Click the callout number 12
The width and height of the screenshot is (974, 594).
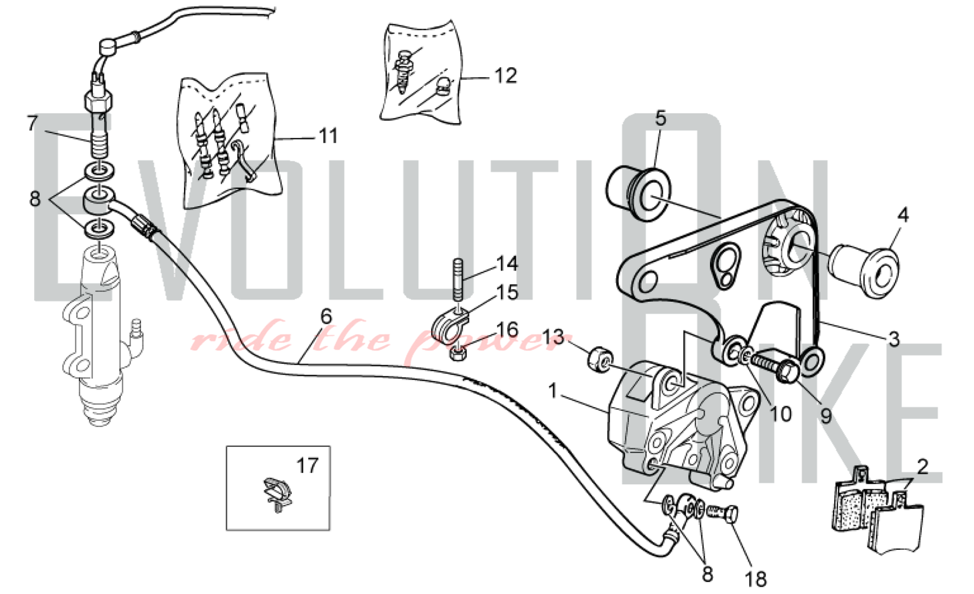click(x=505, y=76)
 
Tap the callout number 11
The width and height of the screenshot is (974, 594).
click(x=328, y=136)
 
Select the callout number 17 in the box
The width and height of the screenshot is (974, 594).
click(x=307, y=466)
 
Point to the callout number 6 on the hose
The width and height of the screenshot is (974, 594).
click(x=326, y=317)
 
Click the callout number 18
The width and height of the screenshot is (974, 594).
click(x=755, y=579)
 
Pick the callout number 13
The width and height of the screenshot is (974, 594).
click(x=553, y=336)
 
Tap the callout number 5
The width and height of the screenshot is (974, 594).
click(x=660, y=118)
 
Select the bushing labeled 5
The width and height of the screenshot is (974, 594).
click(x=638, y=190)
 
